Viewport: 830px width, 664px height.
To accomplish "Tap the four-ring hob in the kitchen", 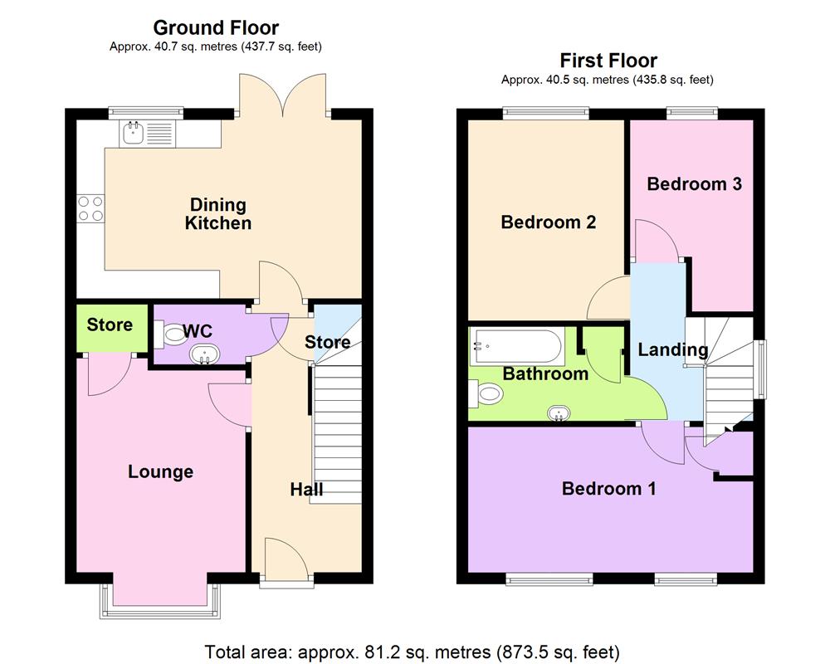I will (90, 207).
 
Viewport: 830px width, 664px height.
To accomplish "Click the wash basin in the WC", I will (204, 355).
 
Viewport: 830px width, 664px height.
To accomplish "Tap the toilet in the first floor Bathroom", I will (482, 394).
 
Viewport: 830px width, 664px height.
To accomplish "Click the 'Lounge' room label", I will (160, 471).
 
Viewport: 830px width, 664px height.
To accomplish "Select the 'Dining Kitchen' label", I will (217, 213).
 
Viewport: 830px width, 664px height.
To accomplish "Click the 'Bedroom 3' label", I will (694, 183).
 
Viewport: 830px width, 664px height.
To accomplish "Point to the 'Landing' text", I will (672, 349).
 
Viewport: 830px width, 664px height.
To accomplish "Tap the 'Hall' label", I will (306, 490).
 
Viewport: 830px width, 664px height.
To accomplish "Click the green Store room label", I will (110, 325).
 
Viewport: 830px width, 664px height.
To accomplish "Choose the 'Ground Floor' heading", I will (216, 28).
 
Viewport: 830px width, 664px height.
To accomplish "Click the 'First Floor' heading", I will (608, 60).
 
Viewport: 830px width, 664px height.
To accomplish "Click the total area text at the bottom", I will (413, 652).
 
